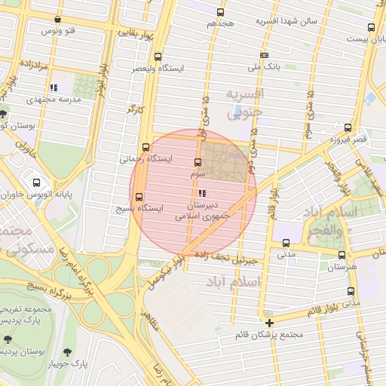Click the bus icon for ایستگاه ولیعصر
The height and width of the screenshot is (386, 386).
pos(158,57)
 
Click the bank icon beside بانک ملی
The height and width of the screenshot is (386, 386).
pos(264,55)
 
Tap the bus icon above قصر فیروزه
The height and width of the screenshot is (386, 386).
pos(348,127)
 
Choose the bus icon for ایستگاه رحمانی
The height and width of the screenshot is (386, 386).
pos(146,148)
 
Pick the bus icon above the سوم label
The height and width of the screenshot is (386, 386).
pos(198,162)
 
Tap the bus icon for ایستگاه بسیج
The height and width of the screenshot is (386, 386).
pos(138,197)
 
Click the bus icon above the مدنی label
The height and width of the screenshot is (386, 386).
pos(285,243)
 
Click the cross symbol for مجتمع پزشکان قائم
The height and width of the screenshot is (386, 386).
pos(269,323)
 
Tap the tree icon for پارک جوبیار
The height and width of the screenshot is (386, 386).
pos(69,352)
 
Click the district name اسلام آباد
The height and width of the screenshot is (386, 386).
pos(231,281)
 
